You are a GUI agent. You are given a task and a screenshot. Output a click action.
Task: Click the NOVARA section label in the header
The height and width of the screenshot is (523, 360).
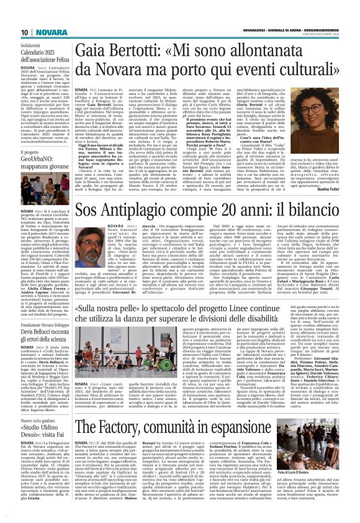pyautogui.click(x=30, y=14)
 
